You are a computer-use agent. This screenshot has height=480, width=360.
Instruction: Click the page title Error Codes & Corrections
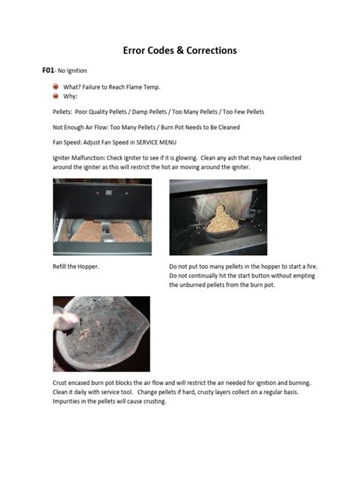click(180, 50)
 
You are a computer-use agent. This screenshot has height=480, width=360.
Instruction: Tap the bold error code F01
click(48, 71)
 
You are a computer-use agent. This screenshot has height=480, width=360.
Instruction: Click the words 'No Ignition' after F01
click(74, 71)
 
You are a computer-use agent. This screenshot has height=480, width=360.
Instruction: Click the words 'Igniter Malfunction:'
click(77, 158)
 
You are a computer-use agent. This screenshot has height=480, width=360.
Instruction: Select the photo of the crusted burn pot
click(101, 333)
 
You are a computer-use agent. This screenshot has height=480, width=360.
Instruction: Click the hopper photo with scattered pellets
click(102, 216)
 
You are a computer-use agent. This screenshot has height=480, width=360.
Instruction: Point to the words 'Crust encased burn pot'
click(81, 383)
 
